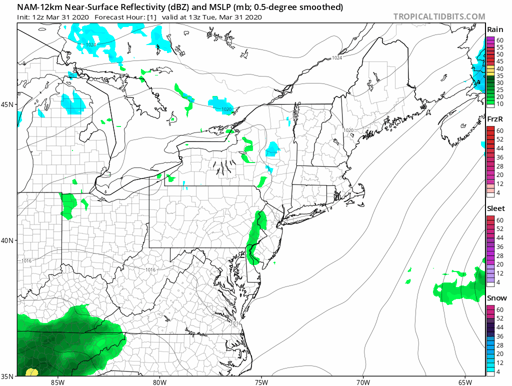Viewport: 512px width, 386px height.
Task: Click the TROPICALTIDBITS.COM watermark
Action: pyautogui.click(x=439, y=16)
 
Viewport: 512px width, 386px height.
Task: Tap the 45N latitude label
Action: pyautogui.click(x=8, y=104)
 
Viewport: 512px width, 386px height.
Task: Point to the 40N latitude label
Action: pyautogui.click(x=8, y=240)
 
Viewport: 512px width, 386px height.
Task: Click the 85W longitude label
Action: pyautogui.click(x=57, y=382)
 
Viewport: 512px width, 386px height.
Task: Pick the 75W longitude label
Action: pyautogui.click(x=261, y=382)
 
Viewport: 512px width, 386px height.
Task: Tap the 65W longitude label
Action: pyautogui.click(x=464, y=382)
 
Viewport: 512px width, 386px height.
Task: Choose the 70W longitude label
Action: pyautogui.click(x=363, y=382)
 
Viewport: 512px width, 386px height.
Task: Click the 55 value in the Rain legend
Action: pyautogui.click(x=499, y=46)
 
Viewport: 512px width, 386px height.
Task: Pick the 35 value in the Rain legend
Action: pyautogui.click(x=499, y=75)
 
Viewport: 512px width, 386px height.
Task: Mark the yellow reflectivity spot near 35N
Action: pyautogui.click(x=31, y=372)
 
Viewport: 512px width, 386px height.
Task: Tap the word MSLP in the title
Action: pyautogui.click(x=214, y=7)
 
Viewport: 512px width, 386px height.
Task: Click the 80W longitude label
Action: pyautogui.click(x=159, y=382)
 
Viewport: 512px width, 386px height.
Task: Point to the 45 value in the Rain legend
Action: pyautogui.click(x=499, y=61)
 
